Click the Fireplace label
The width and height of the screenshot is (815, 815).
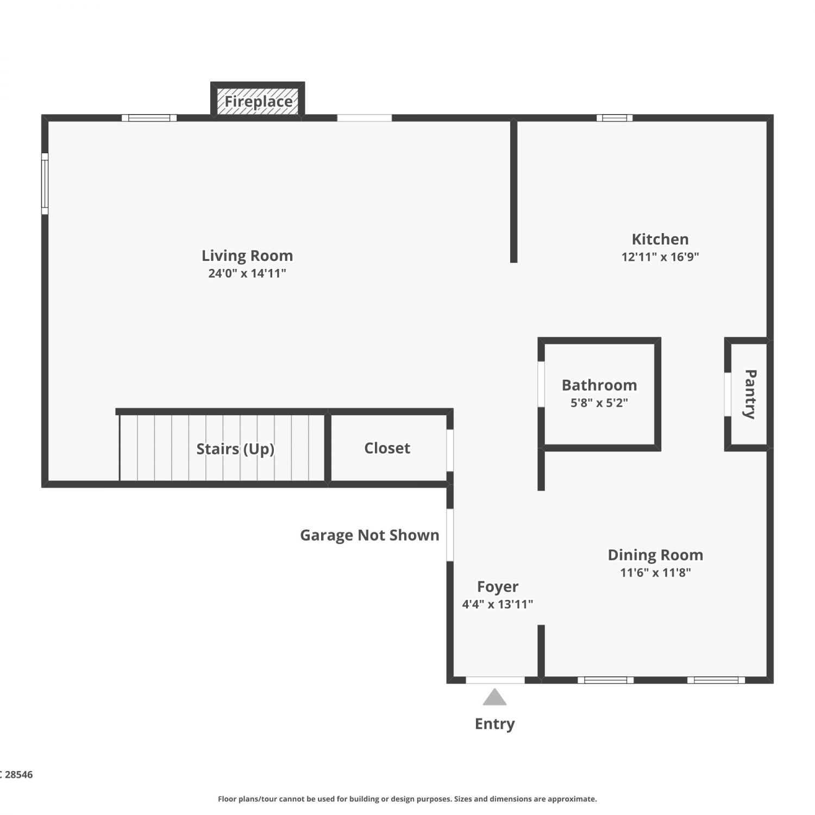(259, 102)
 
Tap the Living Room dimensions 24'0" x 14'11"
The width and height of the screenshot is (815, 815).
(247, 273)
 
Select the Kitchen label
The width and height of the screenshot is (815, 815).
(660, 239)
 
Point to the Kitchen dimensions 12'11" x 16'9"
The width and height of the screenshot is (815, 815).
(660, 256)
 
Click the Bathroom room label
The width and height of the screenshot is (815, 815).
(599, 385)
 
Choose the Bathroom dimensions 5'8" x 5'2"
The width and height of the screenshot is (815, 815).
(599, 403)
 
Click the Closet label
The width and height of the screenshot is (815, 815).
(387, 448)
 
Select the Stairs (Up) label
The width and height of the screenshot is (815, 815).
(235, 449)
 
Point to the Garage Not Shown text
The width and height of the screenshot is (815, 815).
(369, 535)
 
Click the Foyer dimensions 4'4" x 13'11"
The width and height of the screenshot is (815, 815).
(498, 604)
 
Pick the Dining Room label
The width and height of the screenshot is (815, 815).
(655, 555)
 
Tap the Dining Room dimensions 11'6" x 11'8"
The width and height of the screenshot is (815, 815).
(655, 572)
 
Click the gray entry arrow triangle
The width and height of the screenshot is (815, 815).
(494, 697)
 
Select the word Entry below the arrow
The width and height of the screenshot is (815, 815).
(494, 724)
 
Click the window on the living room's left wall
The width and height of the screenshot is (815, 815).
(45, 184)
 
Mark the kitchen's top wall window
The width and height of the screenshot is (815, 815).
(615, 118)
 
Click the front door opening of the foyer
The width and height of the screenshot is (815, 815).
(496, 680)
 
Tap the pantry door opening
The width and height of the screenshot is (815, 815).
(728, 394)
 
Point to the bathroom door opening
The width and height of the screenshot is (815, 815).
(541, 384)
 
